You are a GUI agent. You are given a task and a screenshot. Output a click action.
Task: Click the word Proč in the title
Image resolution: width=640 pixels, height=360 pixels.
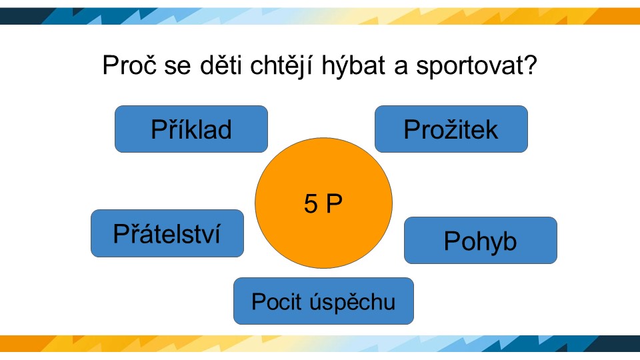(129, 65)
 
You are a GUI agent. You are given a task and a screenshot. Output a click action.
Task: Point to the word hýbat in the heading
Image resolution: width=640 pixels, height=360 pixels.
(353, 66)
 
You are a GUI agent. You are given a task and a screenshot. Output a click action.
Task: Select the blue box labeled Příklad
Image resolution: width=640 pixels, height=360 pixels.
(191, 129)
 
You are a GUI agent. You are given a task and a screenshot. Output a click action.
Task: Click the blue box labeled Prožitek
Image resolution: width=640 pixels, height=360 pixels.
(451, 129)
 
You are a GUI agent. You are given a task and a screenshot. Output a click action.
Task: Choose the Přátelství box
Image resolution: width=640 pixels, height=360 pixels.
(167, 233)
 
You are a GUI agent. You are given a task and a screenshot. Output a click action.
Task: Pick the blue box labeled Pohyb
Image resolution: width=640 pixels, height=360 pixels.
(481, 241)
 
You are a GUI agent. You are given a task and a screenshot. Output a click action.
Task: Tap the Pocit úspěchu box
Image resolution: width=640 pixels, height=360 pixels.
(323, 301)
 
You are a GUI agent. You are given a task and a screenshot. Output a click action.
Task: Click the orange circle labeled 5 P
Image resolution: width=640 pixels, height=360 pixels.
(323, 203)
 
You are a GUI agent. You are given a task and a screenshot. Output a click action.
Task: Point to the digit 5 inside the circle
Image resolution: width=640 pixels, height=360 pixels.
(311, 203)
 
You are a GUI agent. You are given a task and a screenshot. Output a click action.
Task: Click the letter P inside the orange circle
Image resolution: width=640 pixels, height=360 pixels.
(334, 203)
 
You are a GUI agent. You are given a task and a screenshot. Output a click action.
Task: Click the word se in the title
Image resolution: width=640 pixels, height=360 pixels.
(177, 67)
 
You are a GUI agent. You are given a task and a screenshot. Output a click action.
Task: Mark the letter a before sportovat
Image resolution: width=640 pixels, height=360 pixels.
(401, 67)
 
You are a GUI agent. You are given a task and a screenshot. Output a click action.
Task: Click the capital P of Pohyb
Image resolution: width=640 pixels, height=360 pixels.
(452, 241)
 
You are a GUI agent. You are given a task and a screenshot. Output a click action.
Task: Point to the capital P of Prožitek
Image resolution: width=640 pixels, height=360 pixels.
(412, 129)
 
